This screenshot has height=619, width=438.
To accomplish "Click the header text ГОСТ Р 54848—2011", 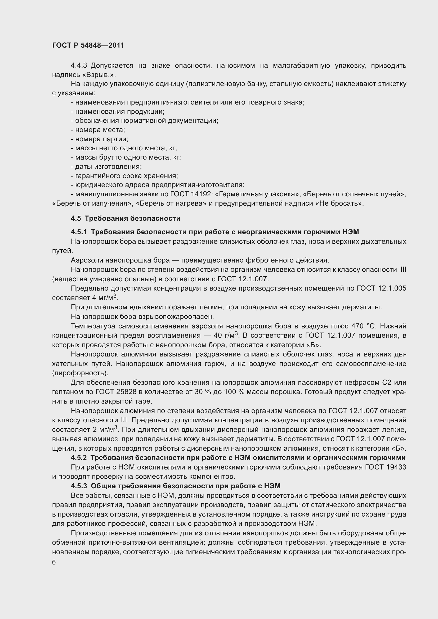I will tap(88, 45).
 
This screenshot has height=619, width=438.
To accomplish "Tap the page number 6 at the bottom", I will tap(54, 562).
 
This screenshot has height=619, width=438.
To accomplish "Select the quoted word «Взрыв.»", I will tap(99, 75).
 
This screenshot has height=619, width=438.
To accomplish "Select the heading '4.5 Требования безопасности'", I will tap(126, 218).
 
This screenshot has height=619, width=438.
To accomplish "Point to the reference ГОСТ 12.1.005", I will tap(381, 288).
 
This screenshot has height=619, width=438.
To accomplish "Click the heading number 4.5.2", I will tap(79, 458).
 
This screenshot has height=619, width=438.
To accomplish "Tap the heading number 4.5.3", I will tap(79, 486).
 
